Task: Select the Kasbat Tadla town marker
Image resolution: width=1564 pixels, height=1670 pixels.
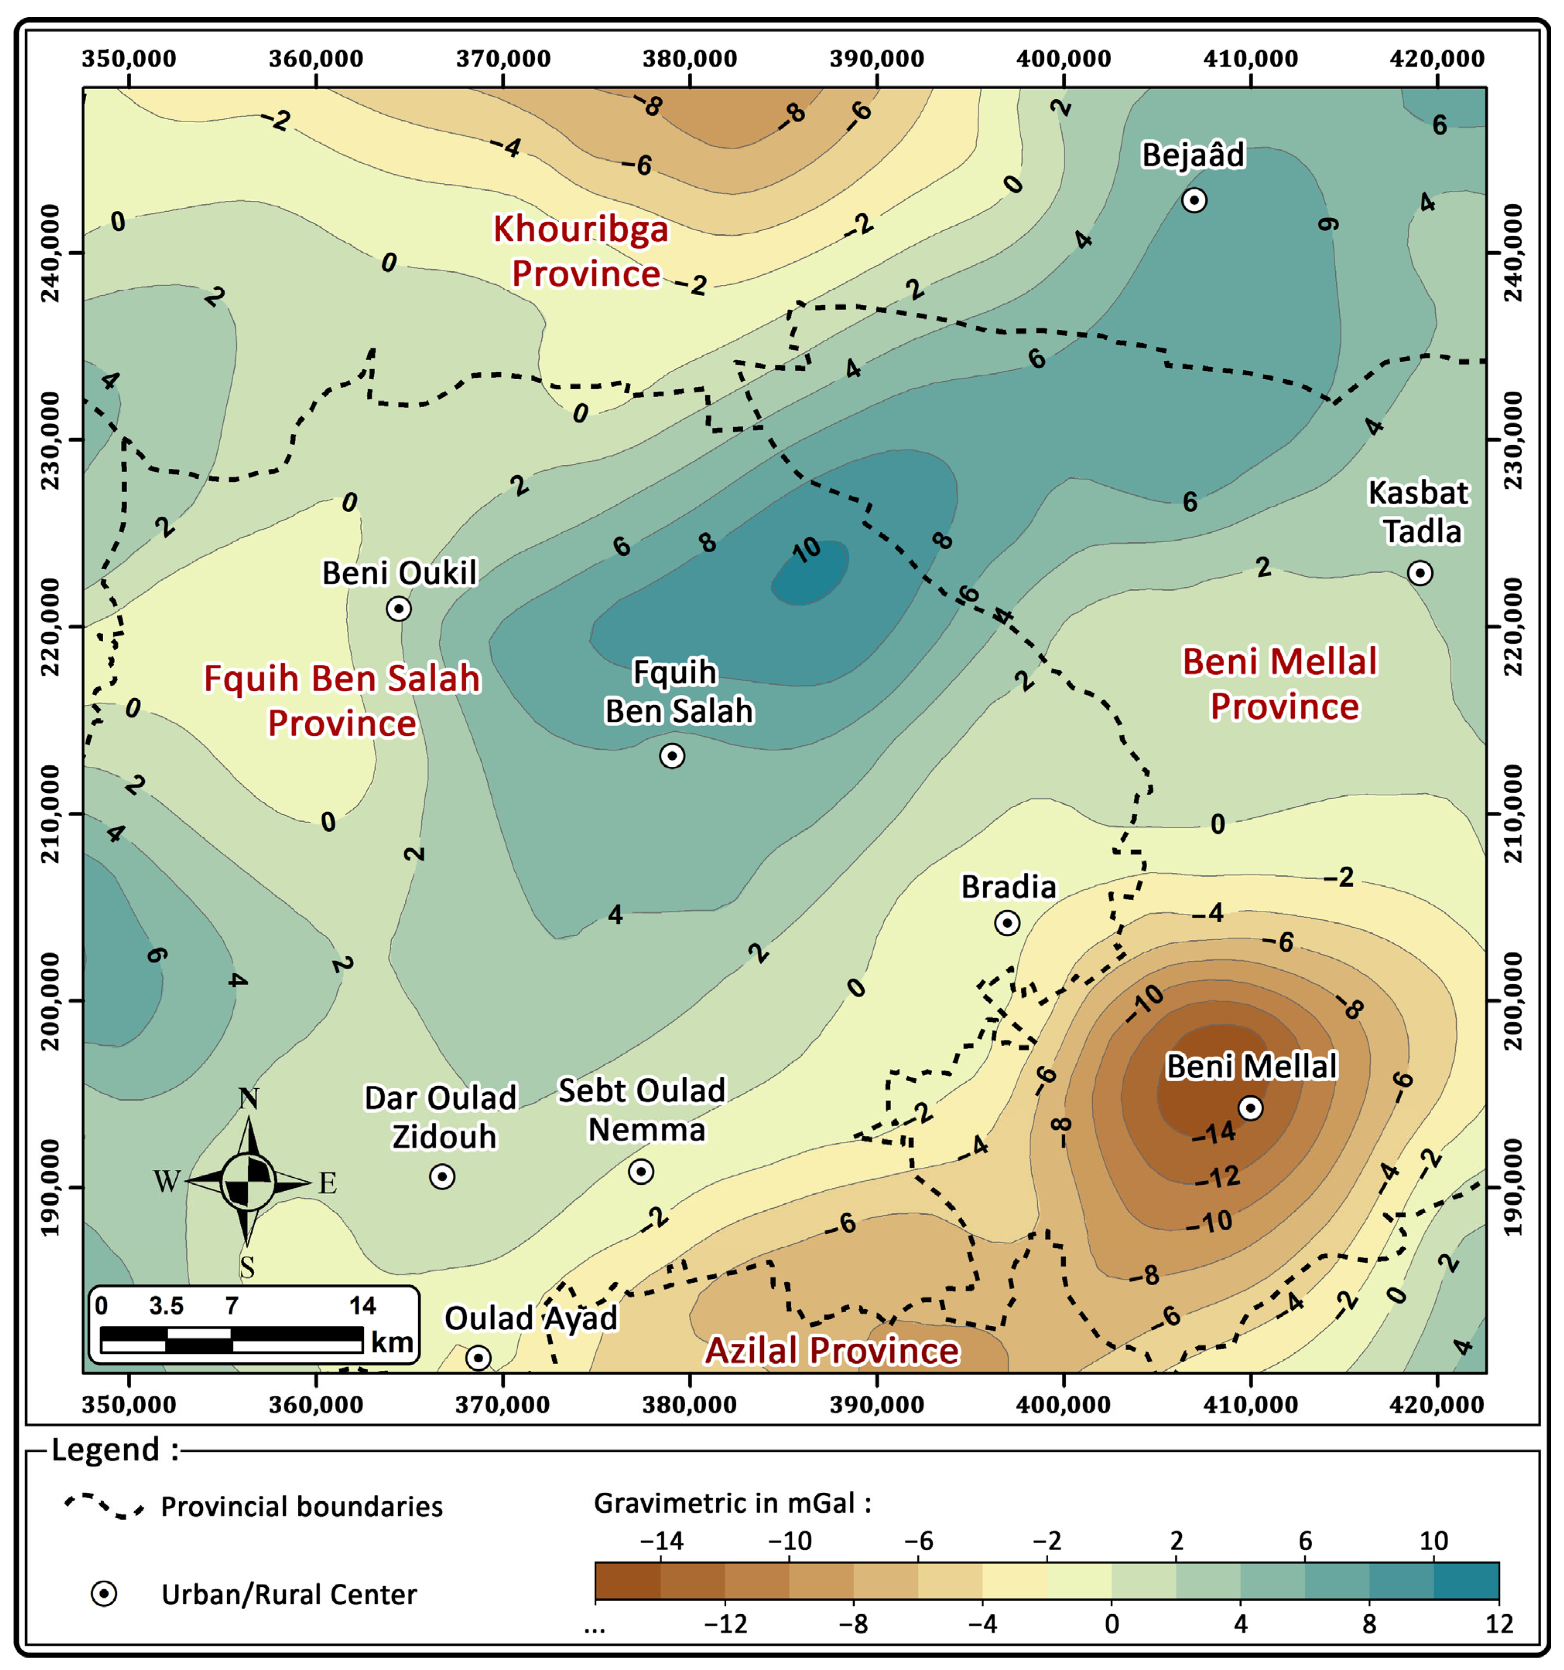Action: tap(1420, 573)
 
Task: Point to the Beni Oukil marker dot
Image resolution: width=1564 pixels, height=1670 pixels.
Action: tap(399, 608)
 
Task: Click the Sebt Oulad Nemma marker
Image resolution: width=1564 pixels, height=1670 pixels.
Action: tap(641, 1171)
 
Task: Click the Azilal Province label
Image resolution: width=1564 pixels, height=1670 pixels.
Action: tap(832, 1351)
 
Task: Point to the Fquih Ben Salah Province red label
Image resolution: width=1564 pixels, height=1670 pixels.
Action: tap(342, 701)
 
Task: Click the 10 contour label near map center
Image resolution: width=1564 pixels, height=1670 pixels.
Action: tap(806, 550)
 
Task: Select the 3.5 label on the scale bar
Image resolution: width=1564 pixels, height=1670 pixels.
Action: tap(166, 1305)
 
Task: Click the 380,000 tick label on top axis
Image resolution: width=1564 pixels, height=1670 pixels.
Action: tap(690, 59)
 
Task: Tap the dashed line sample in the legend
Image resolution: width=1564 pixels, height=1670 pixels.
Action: tap(104, 1506)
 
